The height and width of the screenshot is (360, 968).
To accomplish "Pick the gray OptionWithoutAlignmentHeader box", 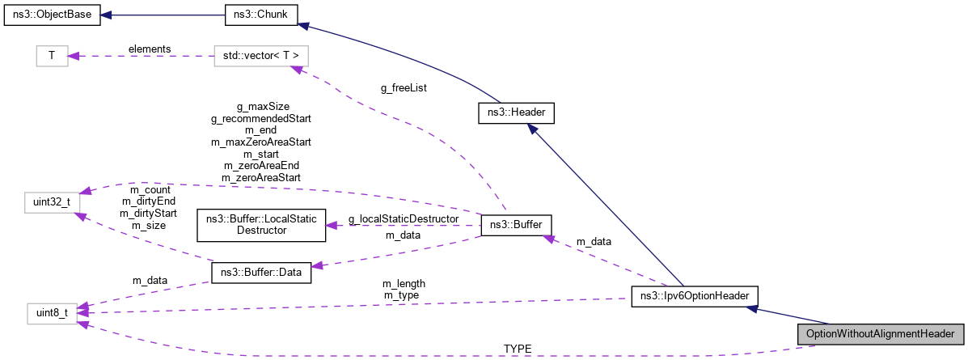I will click(x=880, y=334).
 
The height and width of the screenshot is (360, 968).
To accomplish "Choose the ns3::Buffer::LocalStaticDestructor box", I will click(x=261, y=225).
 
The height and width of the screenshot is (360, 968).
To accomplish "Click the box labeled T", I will click(x=52, y=56).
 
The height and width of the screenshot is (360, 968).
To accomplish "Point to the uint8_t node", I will click(x=52, y=312).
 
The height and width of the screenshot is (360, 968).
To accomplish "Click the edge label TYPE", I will click(x=518, y=349).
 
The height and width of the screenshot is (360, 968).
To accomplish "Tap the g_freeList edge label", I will click(x=404, y=88).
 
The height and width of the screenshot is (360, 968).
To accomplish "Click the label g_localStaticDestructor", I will click(x=404, y=218).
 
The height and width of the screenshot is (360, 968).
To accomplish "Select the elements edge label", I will click(x=150, y=49).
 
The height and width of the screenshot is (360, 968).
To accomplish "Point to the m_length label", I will click(x=404, y=284).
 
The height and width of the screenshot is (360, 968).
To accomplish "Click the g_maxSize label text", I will click(x=262, y=106).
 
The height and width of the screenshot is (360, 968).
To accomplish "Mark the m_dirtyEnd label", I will click(x=147, y=201).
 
